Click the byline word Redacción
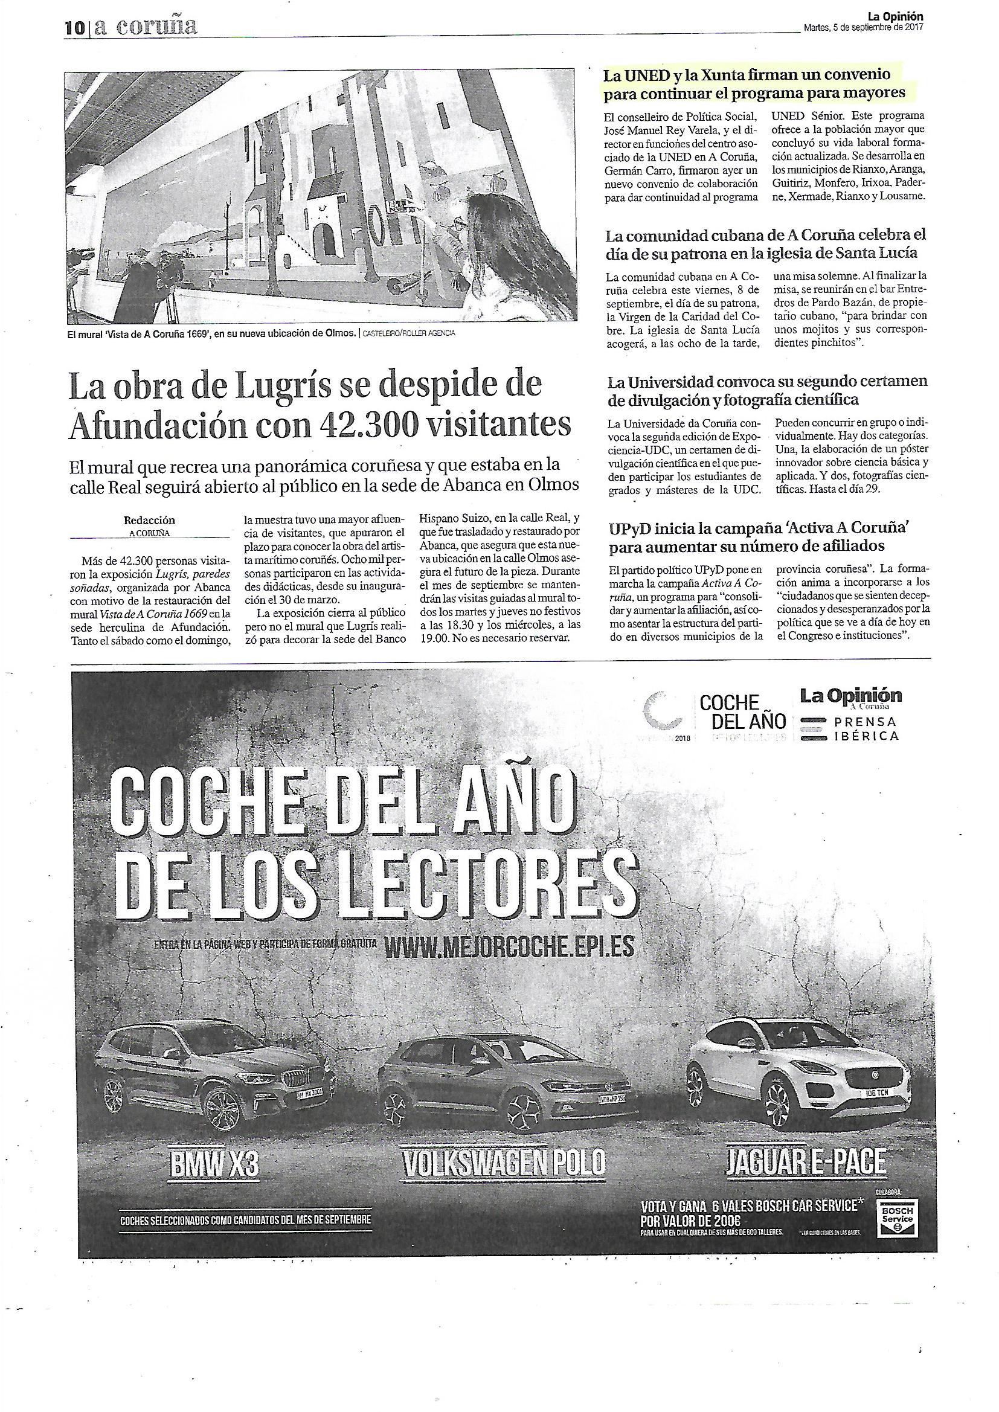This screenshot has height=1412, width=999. point(149,520)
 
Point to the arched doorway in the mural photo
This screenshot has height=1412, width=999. point(327,240)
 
